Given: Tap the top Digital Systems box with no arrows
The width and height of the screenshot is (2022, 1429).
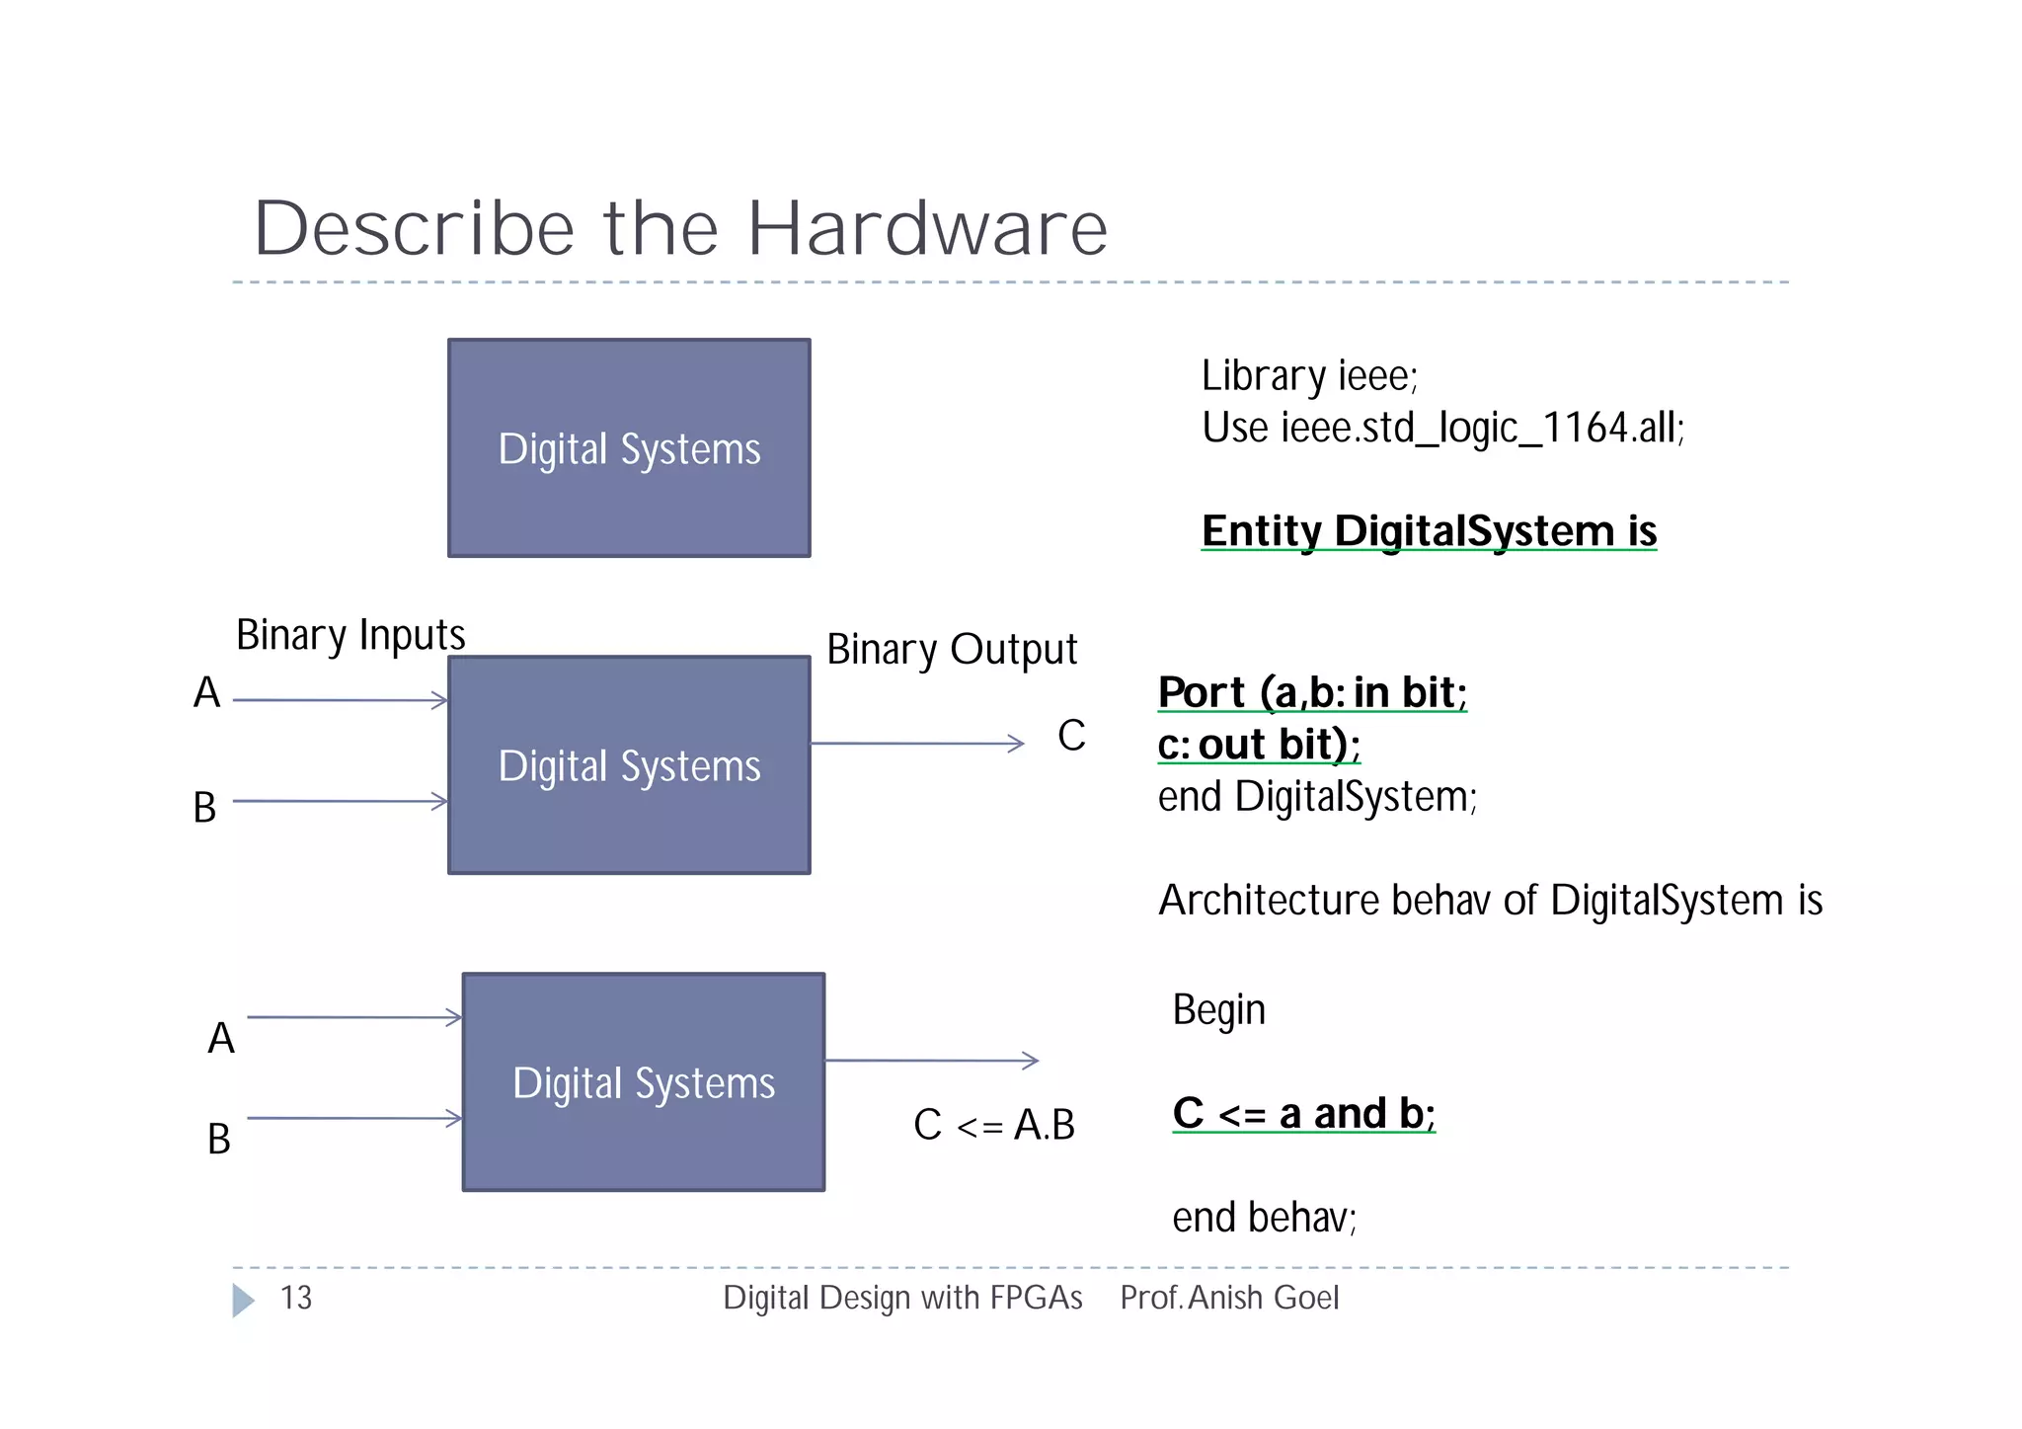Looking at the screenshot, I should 629,448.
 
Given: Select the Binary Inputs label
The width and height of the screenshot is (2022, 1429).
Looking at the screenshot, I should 350,635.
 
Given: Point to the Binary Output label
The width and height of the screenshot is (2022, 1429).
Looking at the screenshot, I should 952,650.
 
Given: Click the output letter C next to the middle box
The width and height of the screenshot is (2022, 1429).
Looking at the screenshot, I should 1071,736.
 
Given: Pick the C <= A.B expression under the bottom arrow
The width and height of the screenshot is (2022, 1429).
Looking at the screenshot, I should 993,1125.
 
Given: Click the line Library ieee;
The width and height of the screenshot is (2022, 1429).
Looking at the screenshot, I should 1309,376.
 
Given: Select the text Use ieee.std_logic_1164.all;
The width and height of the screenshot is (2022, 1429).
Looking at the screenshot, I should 1442,429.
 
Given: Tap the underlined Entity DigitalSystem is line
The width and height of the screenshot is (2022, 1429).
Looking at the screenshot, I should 1429,531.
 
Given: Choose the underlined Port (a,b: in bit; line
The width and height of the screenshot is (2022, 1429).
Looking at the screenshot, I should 1312,692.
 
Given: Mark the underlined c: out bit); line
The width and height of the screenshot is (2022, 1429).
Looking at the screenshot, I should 1259,745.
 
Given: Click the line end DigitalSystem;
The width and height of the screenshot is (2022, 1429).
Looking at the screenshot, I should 1317,797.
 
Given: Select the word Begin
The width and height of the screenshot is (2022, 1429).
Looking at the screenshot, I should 1218,1010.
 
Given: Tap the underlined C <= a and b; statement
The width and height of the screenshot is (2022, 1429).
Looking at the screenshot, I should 1303,1114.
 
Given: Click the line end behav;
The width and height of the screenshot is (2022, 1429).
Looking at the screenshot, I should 1264,1218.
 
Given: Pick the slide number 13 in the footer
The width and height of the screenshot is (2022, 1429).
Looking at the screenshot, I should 296,1298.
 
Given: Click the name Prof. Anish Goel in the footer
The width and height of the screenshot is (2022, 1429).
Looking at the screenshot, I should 1229,1298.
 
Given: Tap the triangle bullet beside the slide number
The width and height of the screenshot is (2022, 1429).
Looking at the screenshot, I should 243,1300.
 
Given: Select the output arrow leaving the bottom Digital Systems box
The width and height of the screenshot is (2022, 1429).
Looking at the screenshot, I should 931,1061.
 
